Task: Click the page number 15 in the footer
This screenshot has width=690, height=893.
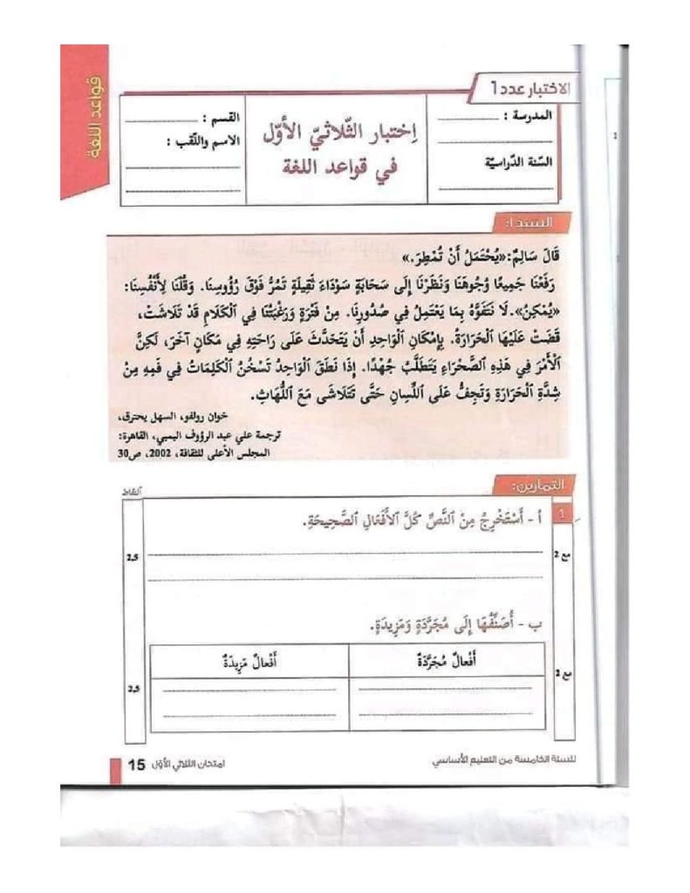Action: click(135, 765)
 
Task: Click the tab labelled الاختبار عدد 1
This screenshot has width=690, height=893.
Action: click(532, 87)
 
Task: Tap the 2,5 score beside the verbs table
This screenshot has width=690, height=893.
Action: click(133, 688)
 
